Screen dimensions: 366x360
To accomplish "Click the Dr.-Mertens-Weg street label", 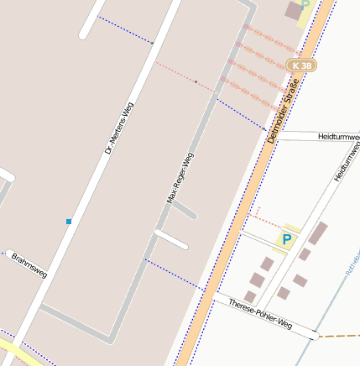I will [120, 128].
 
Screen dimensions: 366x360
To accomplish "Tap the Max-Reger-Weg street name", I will [180, 178].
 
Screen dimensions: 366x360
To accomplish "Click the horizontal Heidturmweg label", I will [338, 136].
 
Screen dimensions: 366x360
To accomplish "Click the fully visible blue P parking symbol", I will [287, 240].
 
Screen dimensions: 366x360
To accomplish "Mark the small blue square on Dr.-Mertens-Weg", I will [69, 222].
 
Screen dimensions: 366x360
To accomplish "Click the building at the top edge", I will [294, 11].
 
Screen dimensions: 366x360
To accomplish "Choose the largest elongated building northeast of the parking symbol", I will [318, 233].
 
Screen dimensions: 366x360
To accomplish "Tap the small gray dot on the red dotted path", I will [196, 82].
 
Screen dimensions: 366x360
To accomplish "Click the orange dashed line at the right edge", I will [340, 336].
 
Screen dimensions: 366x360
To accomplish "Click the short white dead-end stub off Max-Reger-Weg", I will [171, 239].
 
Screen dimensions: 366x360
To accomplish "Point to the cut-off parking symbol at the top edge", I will [306, 3].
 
